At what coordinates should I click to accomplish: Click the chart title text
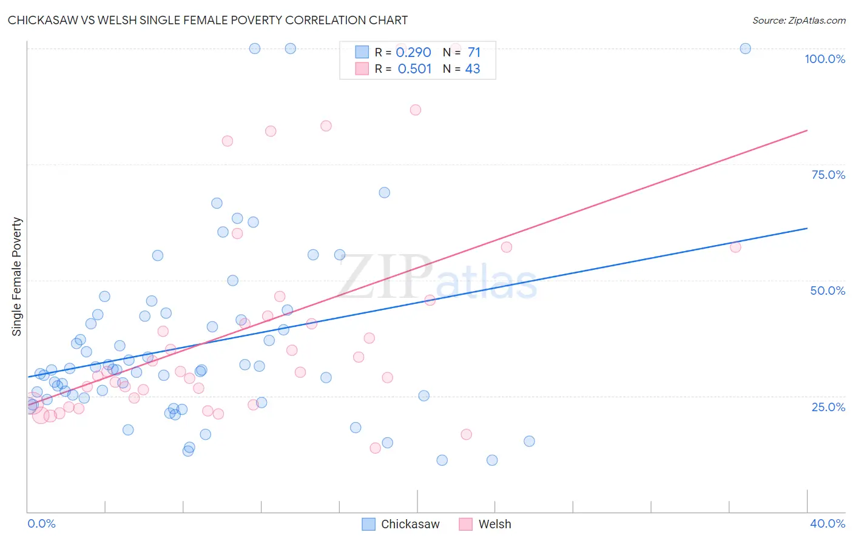coord(207,20)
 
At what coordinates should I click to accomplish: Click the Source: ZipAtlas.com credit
coord(798,20)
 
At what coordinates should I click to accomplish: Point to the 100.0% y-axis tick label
coord(824,59)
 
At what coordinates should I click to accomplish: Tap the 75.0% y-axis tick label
coord(828,175)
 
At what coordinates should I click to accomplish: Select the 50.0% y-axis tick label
coord(828,291)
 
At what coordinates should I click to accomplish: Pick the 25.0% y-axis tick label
coord(828,407)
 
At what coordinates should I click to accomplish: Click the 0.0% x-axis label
coord(41,523)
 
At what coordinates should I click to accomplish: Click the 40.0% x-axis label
coord(827,523)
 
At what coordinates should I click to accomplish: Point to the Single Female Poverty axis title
coord(17,277)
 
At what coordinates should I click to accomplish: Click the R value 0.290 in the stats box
coord(413,53)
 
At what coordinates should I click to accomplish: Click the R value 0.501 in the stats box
coord(414,69)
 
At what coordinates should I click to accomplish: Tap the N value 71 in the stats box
coord(474,53)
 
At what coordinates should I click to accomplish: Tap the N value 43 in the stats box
coord(473,69)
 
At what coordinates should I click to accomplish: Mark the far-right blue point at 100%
coord(745,49)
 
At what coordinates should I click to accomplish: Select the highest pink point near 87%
coord(415,110)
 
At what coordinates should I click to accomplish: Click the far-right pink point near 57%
coord(735,247)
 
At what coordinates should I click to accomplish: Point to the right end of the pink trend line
coord(807,130)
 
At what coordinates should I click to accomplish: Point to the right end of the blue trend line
coord(807,228)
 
